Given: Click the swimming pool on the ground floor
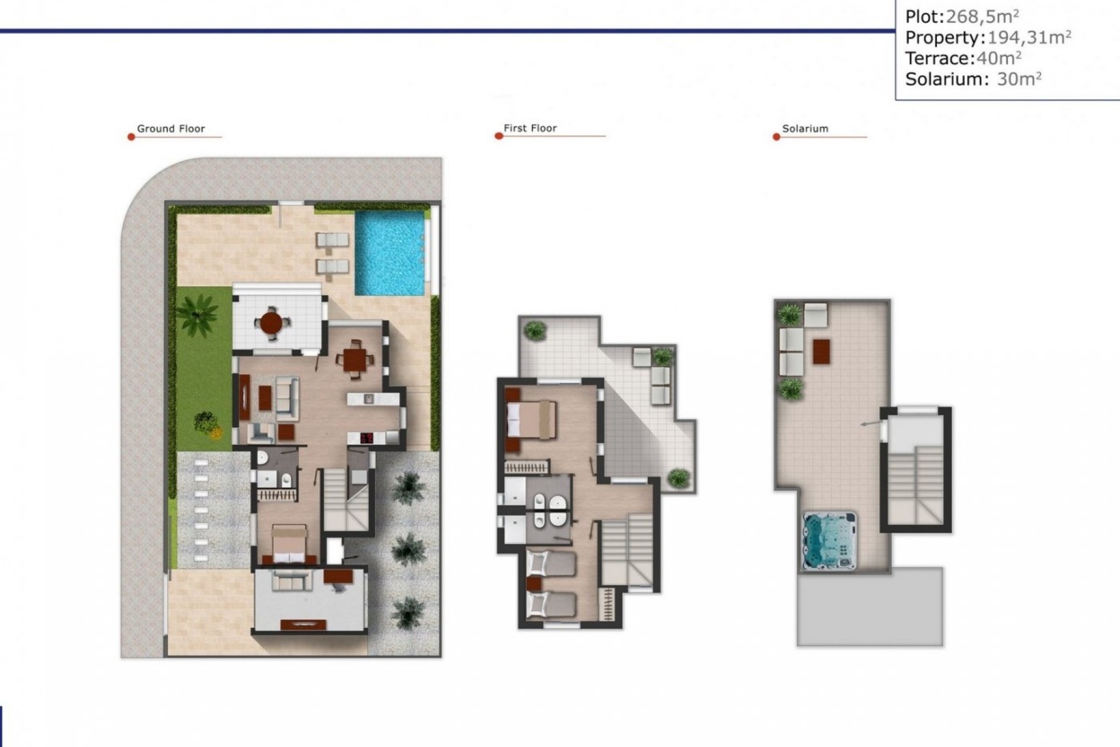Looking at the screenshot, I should point(390,252).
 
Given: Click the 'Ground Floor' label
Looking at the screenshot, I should point(171,129).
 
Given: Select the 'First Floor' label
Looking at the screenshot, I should point(530,128).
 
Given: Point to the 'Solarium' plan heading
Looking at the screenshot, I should point(805,129).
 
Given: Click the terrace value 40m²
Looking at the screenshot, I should point(999,58).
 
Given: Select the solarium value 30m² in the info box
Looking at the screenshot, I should point(1019,79).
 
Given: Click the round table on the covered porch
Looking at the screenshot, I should point(271,323).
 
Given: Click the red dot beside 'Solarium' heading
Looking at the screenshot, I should point(776,137).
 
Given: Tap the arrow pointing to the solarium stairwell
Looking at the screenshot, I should point(869,424).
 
